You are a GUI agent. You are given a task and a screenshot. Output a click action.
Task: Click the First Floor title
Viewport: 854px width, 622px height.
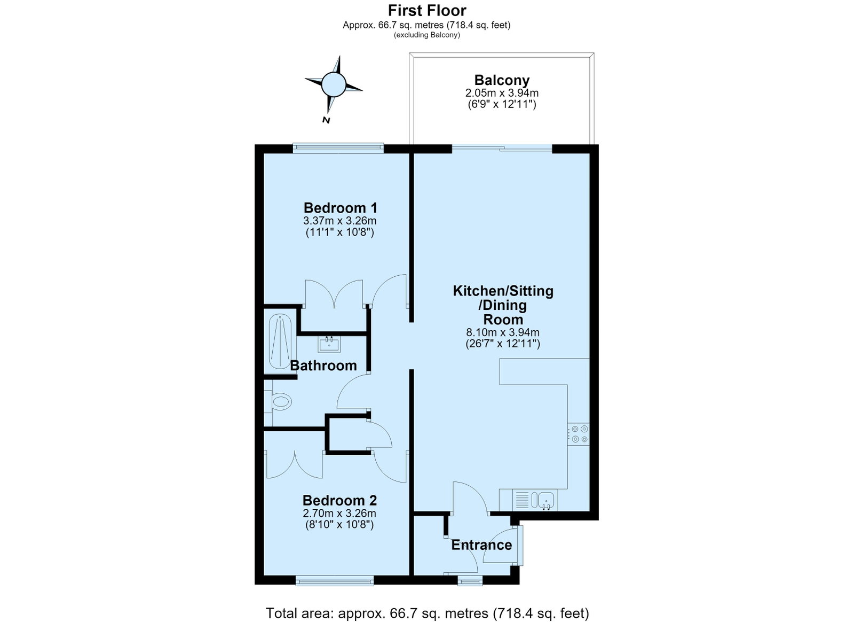[x=427, y=10]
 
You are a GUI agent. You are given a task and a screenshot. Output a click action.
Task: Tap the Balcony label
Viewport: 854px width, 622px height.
[x=502, y=80]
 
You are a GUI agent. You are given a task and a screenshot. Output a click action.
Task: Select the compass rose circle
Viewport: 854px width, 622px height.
[x=334, y=84]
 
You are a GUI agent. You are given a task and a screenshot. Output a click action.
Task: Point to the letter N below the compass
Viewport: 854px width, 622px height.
[x=326, y=120]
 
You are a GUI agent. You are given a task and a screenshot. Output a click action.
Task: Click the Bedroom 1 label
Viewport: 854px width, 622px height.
[x=341, y=208]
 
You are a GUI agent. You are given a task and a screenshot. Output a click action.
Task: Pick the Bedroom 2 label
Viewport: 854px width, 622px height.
[x=339, y=500]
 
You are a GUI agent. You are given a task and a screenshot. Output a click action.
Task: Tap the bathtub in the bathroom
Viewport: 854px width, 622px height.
[x=280, y=341]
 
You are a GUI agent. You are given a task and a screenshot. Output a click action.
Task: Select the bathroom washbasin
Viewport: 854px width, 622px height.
[x=329, y=344]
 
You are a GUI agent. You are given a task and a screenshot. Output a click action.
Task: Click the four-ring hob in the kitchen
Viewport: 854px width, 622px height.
[x=579, y=434]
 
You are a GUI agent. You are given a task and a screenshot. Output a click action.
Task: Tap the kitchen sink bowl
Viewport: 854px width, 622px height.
[x=547, y=500]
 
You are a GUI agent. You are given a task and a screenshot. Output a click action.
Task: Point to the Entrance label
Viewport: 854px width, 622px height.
[x=481, y=545]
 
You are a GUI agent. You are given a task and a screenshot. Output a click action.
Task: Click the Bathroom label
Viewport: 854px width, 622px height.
[x=323, y=366]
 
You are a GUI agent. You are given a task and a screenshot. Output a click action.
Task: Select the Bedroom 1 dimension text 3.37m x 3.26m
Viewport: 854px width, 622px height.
[x=339, y=221]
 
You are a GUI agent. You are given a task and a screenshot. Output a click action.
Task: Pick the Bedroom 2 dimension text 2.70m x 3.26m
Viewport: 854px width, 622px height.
[x=339, y=513]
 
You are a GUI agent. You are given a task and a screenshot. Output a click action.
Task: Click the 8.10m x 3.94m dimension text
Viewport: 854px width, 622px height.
[x=503, y=332]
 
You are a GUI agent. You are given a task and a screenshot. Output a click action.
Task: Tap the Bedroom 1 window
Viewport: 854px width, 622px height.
[x=338, y=148]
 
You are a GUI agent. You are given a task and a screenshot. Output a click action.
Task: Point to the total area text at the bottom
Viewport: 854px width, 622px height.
[x=428, y=603]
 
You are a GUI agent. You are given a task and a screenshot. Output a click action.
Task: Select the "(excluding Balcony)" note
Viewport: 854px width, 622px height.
[x=427, y=35]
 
